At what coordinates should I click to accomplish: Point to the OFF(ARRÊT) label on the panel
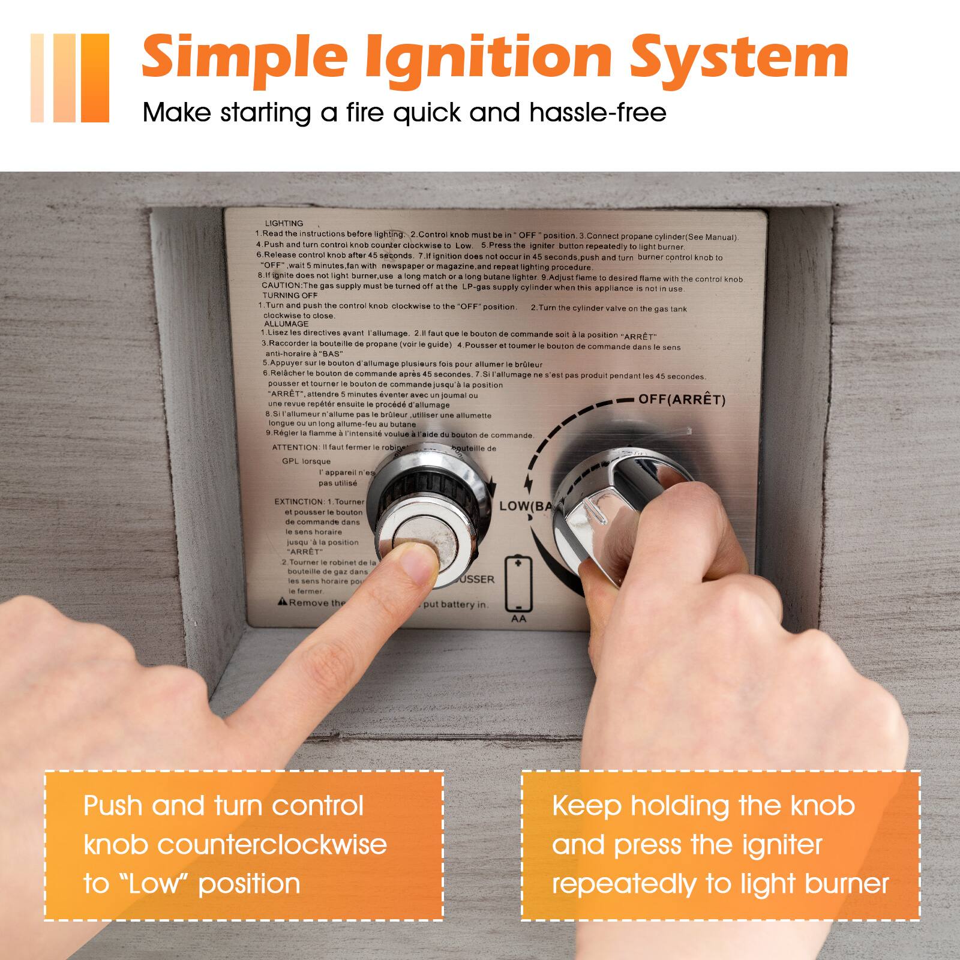[682, 400]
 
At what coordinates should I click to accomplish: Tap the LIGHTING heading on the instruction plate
[284, 223]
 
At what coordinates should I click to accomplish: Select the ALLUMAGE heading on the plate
[286, 323]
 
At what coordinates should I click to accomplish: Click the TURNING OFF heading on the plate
[290, 295]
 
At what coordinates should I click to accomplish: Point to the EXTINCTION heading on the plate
[299, 502]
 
